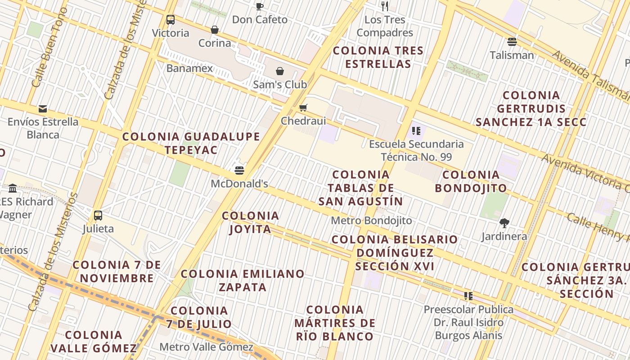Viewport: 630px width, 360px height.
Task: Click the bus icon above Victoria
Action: [x=171, y=20]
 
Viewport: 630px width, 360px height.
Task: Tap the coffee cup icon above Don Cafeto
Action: [x=260, y=6]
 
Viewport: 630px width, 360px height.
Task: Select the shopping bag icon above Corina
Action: [x=215, y=30]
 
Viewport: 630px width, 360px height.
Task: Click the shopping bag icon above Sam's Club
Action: [x=280, y=71]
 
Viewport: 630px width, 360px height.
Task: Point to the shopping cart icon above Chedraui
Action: [x=303, y=108]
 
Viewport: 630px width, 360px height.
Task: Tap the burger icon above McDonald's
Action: [x=239, y=171]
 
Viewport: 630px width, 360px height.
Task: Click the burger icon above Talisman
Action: [x=512, y=42]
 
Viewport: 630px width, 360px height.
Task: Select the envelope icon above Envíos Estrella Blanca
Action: [x=43, y=108]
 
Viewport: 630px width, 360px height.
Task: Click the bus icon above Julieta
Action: [x=98, y=215]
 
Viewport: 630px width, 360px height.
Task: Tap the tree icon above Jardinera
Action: [x=504, y=223]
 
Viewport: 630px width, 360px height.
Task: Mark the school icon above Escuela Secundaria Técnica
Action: [x=416, y=131]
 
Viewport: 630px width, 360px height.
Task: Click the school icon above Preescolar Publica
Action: [x=468, y=296]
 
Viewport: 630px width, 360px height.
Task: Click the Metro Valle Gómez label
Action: [x=207, y=347]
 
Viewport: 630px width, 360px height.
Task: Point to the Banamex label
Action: [x=189, y=68]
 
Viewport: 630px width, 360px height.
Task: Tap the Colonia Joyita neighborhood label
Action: [x=251, y=222]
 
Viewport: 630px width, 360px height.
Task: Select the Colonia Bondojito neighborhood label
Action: [x=471, y=181]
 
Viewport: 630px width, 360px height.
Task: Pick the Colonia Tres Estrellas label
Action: [x=378, y=57]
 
